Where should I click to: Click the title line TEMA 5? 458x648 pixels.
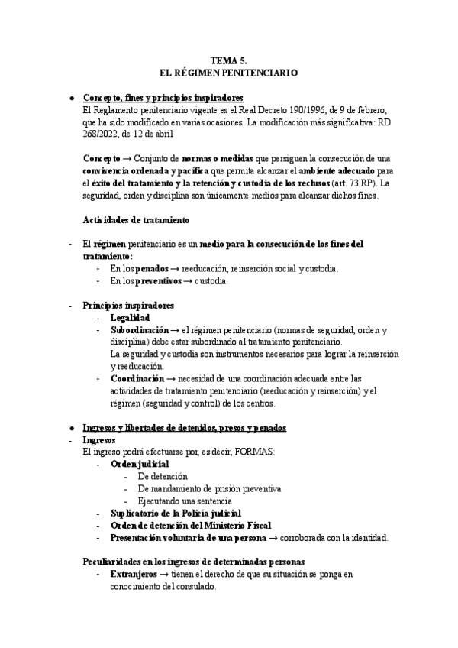point(228,60)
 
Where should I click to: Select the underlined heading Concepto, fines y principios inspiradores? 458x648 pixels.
point(163,99)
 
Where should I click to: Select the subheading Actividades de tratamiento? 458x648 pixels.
point(136,220)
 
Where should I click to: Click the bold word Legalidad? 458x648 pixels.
point(130,317)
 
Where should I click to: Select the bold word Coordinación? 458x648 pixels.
point(137,378)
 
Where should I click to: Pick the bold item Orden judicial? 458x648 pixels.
point(140,464)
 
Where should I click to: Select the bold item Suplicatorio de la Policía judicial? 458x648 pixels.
point(176,513)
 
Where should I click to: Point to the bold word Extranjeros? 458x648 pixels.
point(134,574)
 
